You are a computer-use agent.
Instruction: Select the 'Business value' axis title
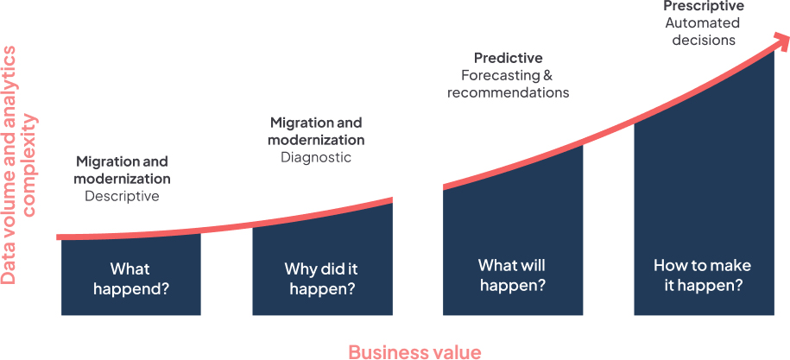414,352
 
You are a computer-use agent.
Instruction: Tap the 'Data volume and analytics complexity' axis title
20,165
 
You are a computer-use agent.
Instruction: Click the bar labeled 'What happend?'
131,275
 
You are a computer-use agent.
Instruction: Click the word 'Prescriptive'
704,6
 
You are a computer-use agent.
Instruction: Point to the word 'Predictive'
509,59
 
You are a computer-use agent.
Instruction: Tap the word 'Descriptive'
122,196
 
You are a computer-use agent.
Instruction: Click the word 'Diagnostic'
316,158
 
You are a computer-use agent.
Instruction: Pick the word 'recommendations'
509,93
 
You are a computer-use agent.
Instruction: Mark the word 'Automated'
703,23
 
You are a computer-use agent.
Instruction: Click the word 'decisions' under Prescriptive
704,41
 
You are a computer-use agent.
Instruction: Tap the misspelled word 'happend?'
131,290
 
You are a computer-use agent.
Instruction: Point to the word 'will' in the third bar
533,265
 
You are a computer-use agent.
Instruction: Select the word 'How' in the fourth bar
667,265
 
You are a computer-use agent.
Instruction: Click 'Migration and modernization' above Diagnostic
317,131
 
